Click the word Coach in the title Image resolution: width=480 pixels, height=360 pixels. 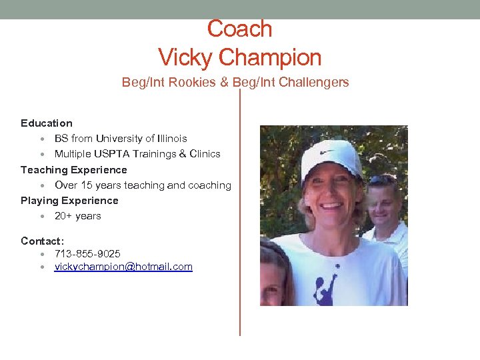(x=240, y=29)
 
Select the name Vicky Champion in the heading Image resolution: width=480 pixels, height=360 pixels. (x=240, y=57)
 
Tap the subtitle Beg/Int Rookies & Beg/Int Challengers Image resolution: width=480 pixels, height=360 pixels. (x=235, y=82)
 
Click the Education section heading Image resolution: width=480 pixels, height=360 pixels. (x=47, y=123)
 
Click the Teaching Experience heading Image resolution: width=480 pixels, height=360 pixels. (x=74, y=169)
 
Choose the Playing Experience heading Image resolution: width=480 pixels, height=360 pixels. (x=69, y=200)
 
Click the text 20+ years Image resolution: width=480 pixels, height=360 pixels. (x=78, y=216)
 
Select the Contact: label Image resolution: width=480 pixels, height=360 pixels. (x=43, y=241)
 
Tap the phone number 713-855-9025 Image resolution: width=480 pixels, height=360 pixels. (x=87, y=254)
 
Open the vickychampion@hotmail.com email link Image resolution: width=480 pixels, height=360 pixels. (x=123, y=267)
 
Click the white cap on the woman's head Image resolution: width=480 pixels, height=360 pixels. (x=329, y=159)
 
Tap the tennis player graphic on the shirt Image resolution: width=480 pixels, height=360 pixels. (x=326, y=286)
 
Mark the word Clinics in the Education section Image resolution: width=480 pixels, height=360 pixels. (x=205, y=154)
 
